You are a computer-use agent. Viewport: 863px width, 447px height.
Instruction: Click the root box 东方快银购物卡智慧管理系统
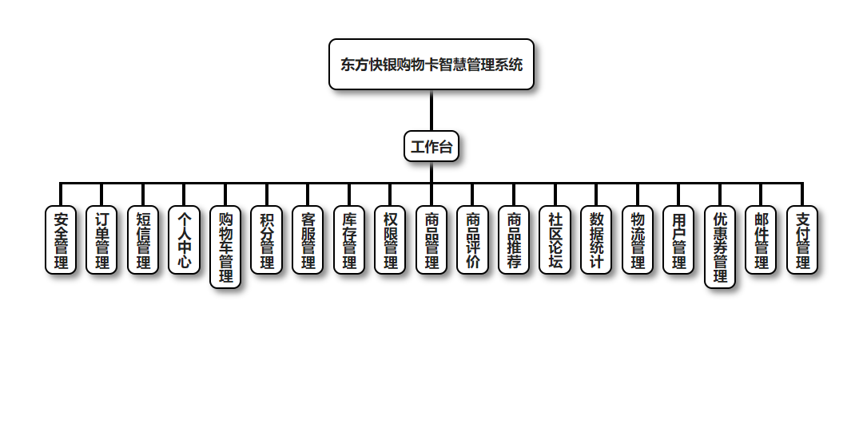pyautogui.click(x=431, y=65)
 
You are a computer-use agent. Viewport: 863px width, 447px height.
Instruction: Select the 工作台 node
pyautogui.click(x=431, y=146)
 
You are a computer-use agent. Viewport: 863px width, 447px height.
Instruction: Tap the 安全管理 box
pyautogui.click(x=61, y=240)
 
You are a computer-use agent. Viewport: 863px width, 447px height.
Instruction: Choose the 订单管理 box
pyautogui.click(x=102, y=240)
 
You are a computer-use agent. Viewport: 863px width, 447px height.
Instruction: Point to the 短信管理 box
pyautogui.click(x=143, y=240)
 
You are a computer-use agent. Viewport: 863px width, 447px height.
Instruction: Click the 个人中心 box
pyautogui.click(x=185, y=240)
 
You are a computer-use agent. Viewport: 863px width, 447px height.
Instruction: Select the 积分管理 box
pyautogui.click(x=267, y=240)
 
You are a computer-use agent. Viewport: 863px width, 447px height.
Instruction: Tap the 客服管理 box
pyautogui.click(x=308, y=240)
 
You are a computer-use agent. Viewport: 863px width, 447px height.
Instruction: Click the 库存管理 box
pyautogui.click(x=349, y=240)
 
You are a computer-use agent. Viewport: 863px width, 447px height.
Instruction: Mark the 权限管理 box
pyautogui.click(x=390, y=240)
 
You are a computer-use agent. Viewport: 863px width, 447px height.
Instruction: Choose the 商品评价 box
pyautogui.click(x=473, y=240)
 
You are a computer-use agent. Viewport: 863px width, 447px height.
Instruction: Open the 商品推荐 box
pyautogui.click(x=514, y=240)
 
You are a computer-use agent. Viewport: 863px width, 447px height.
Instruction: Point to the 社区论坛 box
pyautogui.click(x=555, y=240)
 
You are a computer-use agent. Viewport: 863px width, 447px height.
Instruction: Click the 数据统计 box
pyautogui.click(x=596, y=240)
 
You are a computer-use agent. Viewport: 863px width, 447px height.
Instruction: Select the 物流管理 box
pyautogui.click(x=638, y=240)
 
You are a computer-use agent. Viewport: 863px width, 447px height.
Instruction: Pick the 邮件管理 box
pyautogui.click(x=762, y=240)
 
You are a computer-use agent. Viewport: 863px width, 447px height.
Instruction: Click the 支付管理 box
pyautogui.click(x=802, y=240)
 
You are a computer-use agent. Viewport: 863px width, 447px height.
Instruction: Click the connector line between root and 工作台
pyautogui.click(x=431, y=110)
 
